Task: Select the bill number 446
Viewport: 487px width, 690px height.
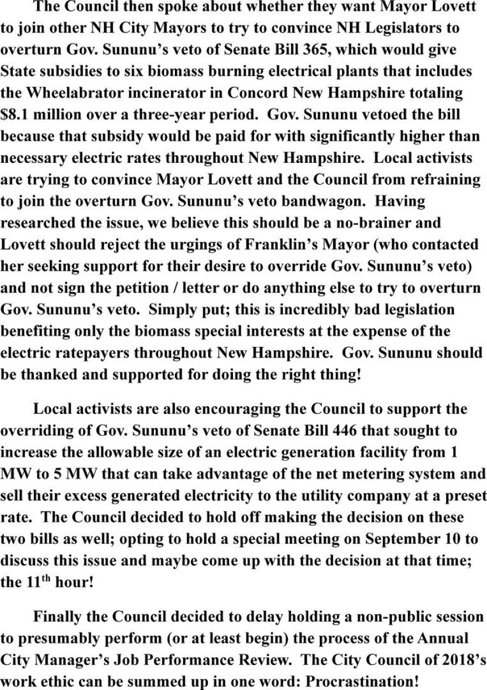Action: coord(295,430)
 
